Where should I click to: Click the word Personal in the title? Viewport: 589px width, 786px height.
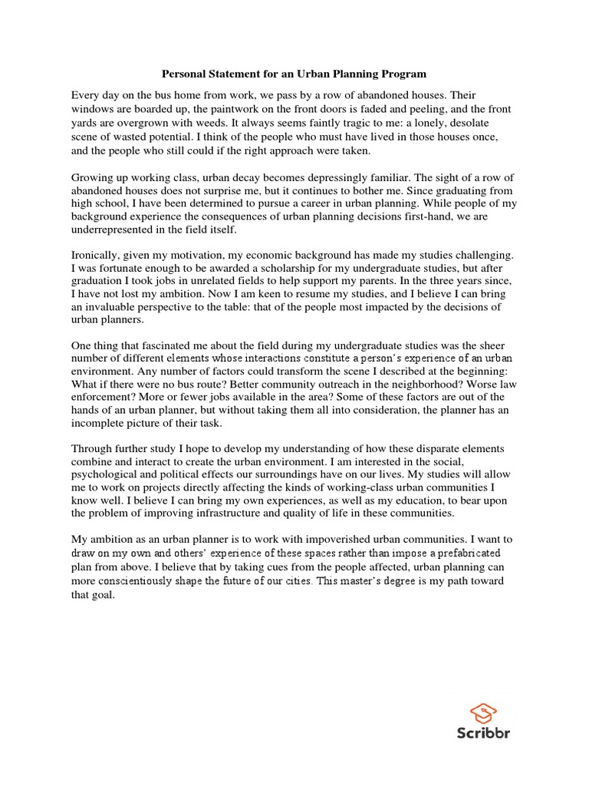[x=184, y=74]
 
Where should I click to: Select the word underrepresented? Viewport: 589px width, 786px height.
[x=115, y=230]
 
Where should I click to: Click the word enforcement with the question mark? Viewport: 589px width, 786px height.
[x=104, y=396]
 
